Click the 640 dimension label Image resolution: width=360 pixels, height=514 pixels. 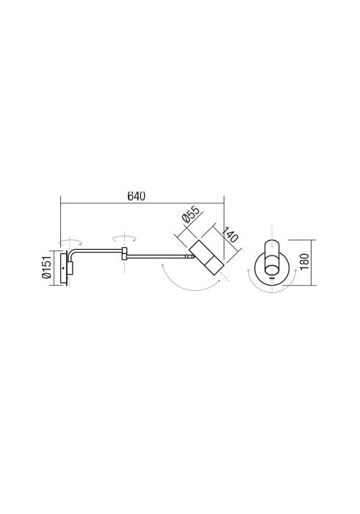(x=136, y=196)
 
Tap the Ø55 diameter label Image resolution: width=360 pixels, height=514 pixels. (x=190, y=214)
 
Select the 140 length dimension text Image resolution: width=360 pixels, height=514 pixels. (x=230, y=234)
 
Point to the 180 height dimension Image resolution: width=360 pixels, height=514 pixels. (x=304, y=261)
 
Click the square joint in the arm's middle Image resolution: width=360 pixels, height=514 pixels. (x=124, y=253)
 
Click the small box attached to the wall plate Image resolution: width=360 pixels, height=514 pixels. (x=70, y=268)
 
